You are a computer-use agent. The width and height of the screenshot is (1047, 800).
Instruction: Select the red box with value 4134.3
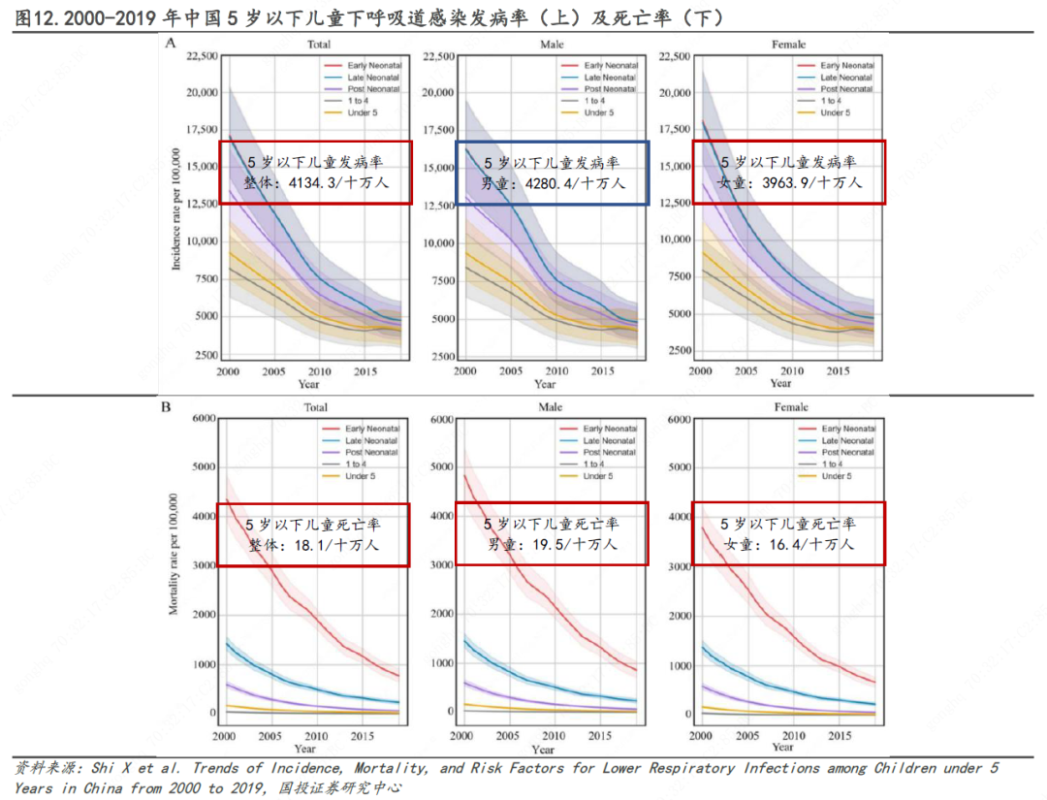point(315,173)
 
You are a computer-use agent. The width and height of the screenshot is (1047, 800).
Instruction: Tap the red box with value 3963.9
point(787,173)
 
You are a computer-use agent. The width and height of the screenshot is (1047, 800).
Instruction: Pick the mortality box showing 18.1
point(313,534)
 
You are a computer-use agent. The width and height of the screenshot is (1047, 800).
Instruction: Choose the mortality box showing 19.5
point(552,534)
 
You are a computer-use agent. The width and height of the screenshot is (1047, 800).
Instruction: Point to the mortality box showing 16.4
point(787,534)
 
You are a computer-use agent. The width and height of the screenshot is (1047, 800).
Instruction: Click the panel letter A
point(171,43)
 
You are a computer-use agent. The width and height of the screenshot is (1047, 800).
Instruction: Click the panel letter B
point(166,407)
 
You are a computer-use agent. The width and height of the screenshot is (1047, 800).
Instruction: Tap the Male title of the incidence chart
point(552,46)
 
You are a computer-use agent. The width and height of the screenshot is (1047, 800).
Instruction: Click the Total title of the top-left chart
point(318,45)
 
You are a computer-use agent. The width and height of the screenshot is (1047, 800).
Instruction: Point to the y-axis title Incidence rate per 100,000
point(176,208)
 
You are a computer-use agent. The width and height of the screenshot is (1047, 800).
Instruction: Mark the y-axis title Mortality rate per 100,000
point(174,554)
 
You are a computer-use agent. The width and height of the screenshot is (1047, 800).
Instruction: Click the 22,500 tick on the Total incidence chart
point(201,57)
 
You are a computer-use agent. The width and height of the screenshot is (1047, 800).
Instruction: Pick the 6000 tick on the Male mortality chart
point(440,419)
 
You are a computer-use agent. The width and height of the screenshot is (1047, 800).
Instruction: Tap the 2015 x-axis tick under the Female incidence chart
point(834,371)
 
